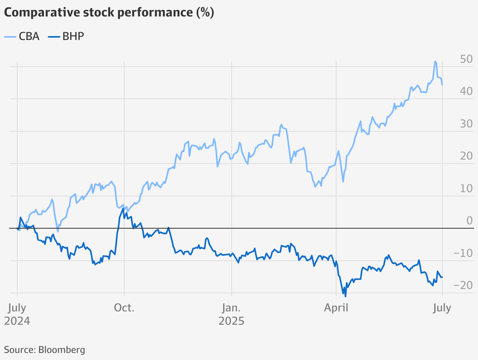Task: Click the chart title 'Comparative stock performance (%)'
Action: tap(109, 13)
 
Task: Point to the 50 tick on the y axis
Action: tap(467, 60)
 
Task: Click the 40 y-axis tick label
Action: tap(467, 92)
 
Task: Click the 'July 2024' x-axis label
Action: tap(17, 314)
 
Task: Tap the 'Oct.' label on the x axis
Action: tap(124, 308)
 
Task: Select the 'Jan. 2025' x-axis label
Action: tap(232, 314)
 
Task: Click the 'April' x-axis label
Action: tap(336, 308)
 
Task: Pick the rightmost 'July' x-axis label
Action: tap(442, 308)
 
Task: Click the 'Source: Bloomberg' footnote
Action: tap(44, 349)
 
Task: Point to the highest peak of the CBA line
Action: tap(435, 61)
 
